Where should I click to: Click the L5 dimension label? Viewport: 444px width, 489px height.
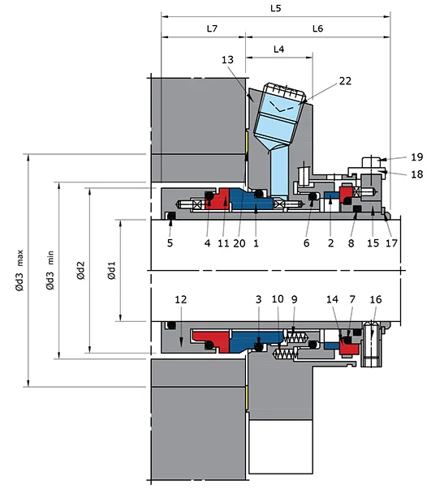click(275, 8)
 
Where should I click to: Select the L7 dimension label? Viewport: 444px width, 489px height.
click(211, 28)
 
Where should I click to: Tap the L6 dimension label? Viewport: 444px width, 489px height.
click(317, 28)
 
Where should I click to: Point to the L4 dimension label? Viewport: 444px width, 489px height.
click(278, 49)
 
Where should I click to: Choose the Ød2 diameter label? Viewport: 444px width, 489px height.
click(80, 270)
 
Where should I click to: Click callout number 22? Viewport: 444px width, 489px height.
click(345, 80)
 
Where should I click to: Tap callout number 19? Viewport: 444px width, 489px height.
click(416, 157)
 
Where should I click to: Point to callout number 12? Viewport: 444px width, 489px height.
click(181, 299)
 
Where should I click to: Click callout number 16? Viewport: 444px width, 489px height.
click(374, 299)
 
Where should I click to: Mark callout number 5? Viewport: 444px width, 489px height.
click(170, 242)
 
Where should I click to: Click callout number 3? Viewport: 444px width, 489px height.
click(258, 299)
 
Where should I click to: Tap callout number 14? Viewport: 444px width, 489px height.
click(334, 299)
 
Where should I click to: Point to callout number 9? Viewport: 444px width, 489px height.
click(295, 299)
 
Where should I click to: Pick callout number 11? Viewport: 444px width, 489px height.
click(222, 242)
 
